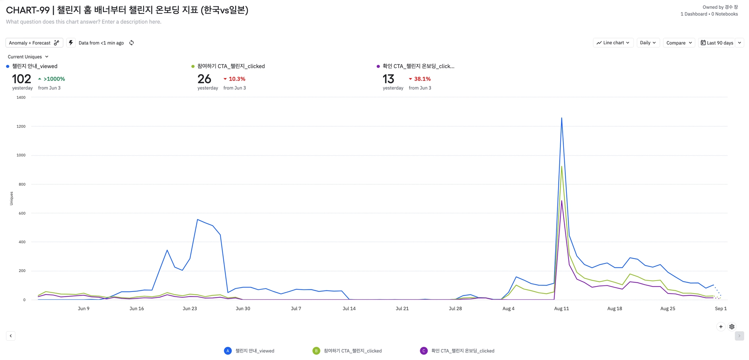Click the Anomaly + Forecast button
click(x=34, y=43)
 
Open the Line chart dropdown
click(x=613, y=43)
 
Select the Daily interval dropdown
click(x=647, y=43)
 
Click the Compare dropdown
click(x=679, y=43)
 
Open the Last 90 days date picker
click(x=717, y=43)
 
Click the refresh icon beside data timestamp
click(x=132, y=43)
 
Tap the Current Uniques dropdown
click(x=28, y=57)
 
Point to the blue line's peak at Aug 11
click(x=561, y=118)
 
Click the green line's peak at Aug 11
click(x=561, y=167)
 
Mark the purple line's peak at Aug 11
click(x=561, y=201)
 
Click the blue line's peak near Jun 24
click(x=197, y=220)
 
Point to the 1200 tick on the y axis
click(x=21, y=126)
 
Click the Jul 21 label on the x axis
click(x=402, y=308)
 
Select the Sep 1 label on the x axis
click(x=720, y=308)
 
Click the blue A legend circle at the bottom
click(x=227, y=351)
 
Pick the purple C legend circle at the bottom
click(x=424, y=351)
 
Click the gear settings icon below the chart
click(x=732, y=327)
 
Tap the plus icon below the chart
click(x=720, y=327)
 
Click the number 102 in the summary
click(x=22, y=79)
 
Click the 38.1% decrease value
click(x=422, y=79)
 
